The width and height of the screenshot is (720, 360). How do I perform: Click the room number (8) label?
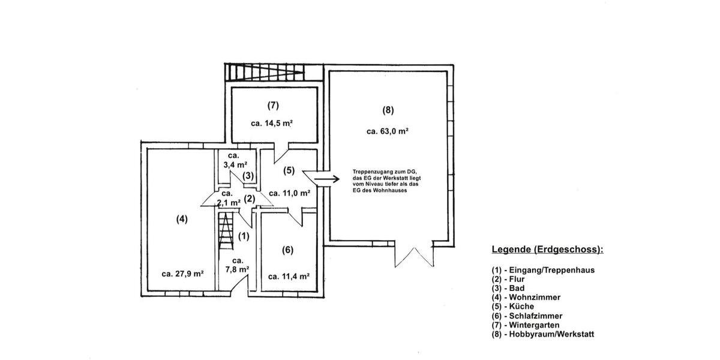click(388, 110)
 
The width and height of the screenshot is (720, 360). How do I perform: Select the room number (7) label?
click(273, 106)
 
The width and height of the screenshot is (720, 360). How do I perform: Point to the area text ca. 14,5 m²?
click(272, 124)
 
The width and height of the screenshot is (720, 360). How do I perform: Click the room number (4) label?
click(182, 219)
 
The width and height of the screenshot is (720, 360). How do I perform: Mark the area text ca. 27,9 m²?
click(182, 274)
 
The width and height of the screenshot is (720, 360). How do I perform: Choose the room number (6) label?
click(287, 250)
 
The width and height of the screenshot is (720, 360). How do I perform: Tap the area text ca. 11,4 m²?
click(289, 277)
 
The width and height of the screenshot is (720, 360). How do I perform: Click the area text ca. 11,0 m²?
click(289, 193)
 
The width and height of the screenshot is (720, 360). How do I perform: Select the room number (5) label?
click(289, 170)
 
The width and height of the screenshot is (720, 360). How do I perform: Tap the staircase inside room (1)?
click(226, 230)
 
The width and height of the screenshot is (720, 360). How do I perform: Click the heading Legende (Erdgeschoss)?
click(547, 250)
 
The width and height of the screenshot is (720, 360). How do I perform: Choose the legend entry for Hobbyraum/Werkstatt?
click(543, 334)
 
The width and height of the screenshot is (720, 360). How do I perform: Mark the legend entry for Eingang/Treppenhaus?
click(543, 270)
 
